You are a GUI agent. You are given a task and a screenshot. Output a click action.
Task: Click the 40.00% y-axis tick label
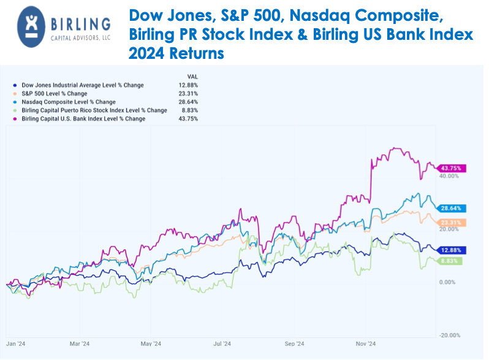tap(449, 176)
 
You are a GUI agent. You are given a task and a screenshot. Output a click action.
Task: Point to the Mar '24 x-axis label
tap(80, 344)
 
